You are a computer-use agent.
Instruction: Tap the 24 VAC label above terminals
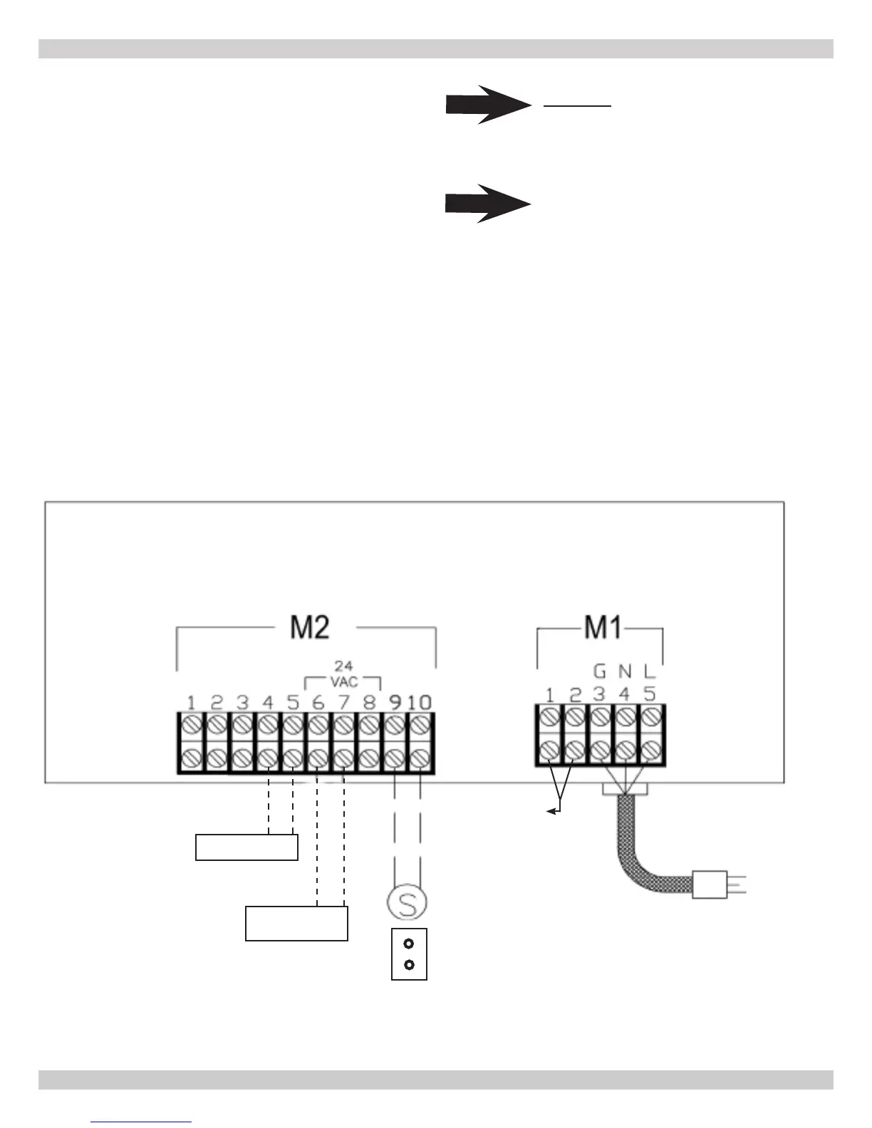(x=343, y=674)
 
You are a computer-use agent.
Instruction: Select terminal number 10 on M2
(x=420, y=703)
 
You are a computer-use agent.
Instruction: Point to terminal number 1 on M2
(x=191, y=703)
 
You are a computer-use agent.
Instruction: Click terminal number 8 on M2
(x=369, y=703)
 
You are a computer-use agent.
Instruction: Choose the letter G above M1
(x=599, y=671)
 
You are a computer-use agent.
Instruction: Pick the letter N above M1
(x=625, y=671)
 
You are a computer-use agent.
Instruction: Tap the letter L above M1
(x=649, y=671)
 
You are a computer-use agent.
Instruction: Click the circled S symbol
(x=408, y=904)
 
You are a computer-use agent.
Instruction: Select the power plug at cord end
(x=710, y=884)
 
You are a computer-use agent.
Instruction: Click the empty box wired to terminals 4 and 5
(x=246, y=847)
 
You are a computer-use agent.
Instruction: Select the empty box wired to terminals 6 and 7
(x=296, y=923)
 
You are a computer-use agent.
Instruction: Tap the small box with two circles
(x=409, y=954)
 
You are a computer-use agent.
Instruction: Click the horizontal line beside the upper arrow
(x=578, y=106)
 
